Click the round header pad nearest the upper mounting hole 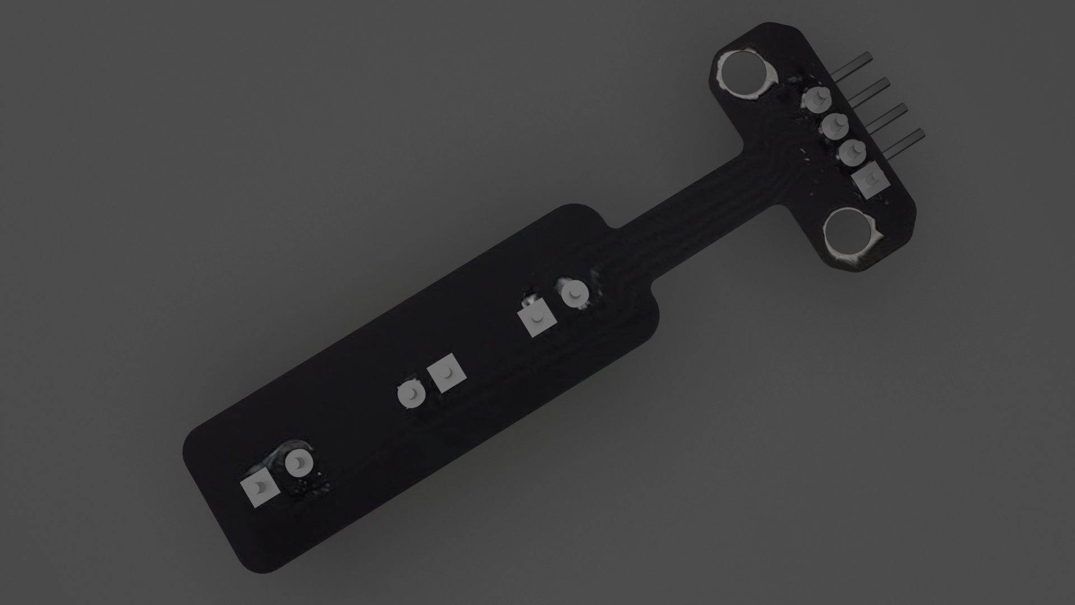tap(817, 100)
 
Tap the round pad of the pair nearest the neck tap(574, 293)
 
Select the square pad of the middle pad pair tap(448, 373)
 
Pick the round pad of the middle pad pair tap(412, 395)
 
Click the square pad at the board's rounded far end tap(260, 488)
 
